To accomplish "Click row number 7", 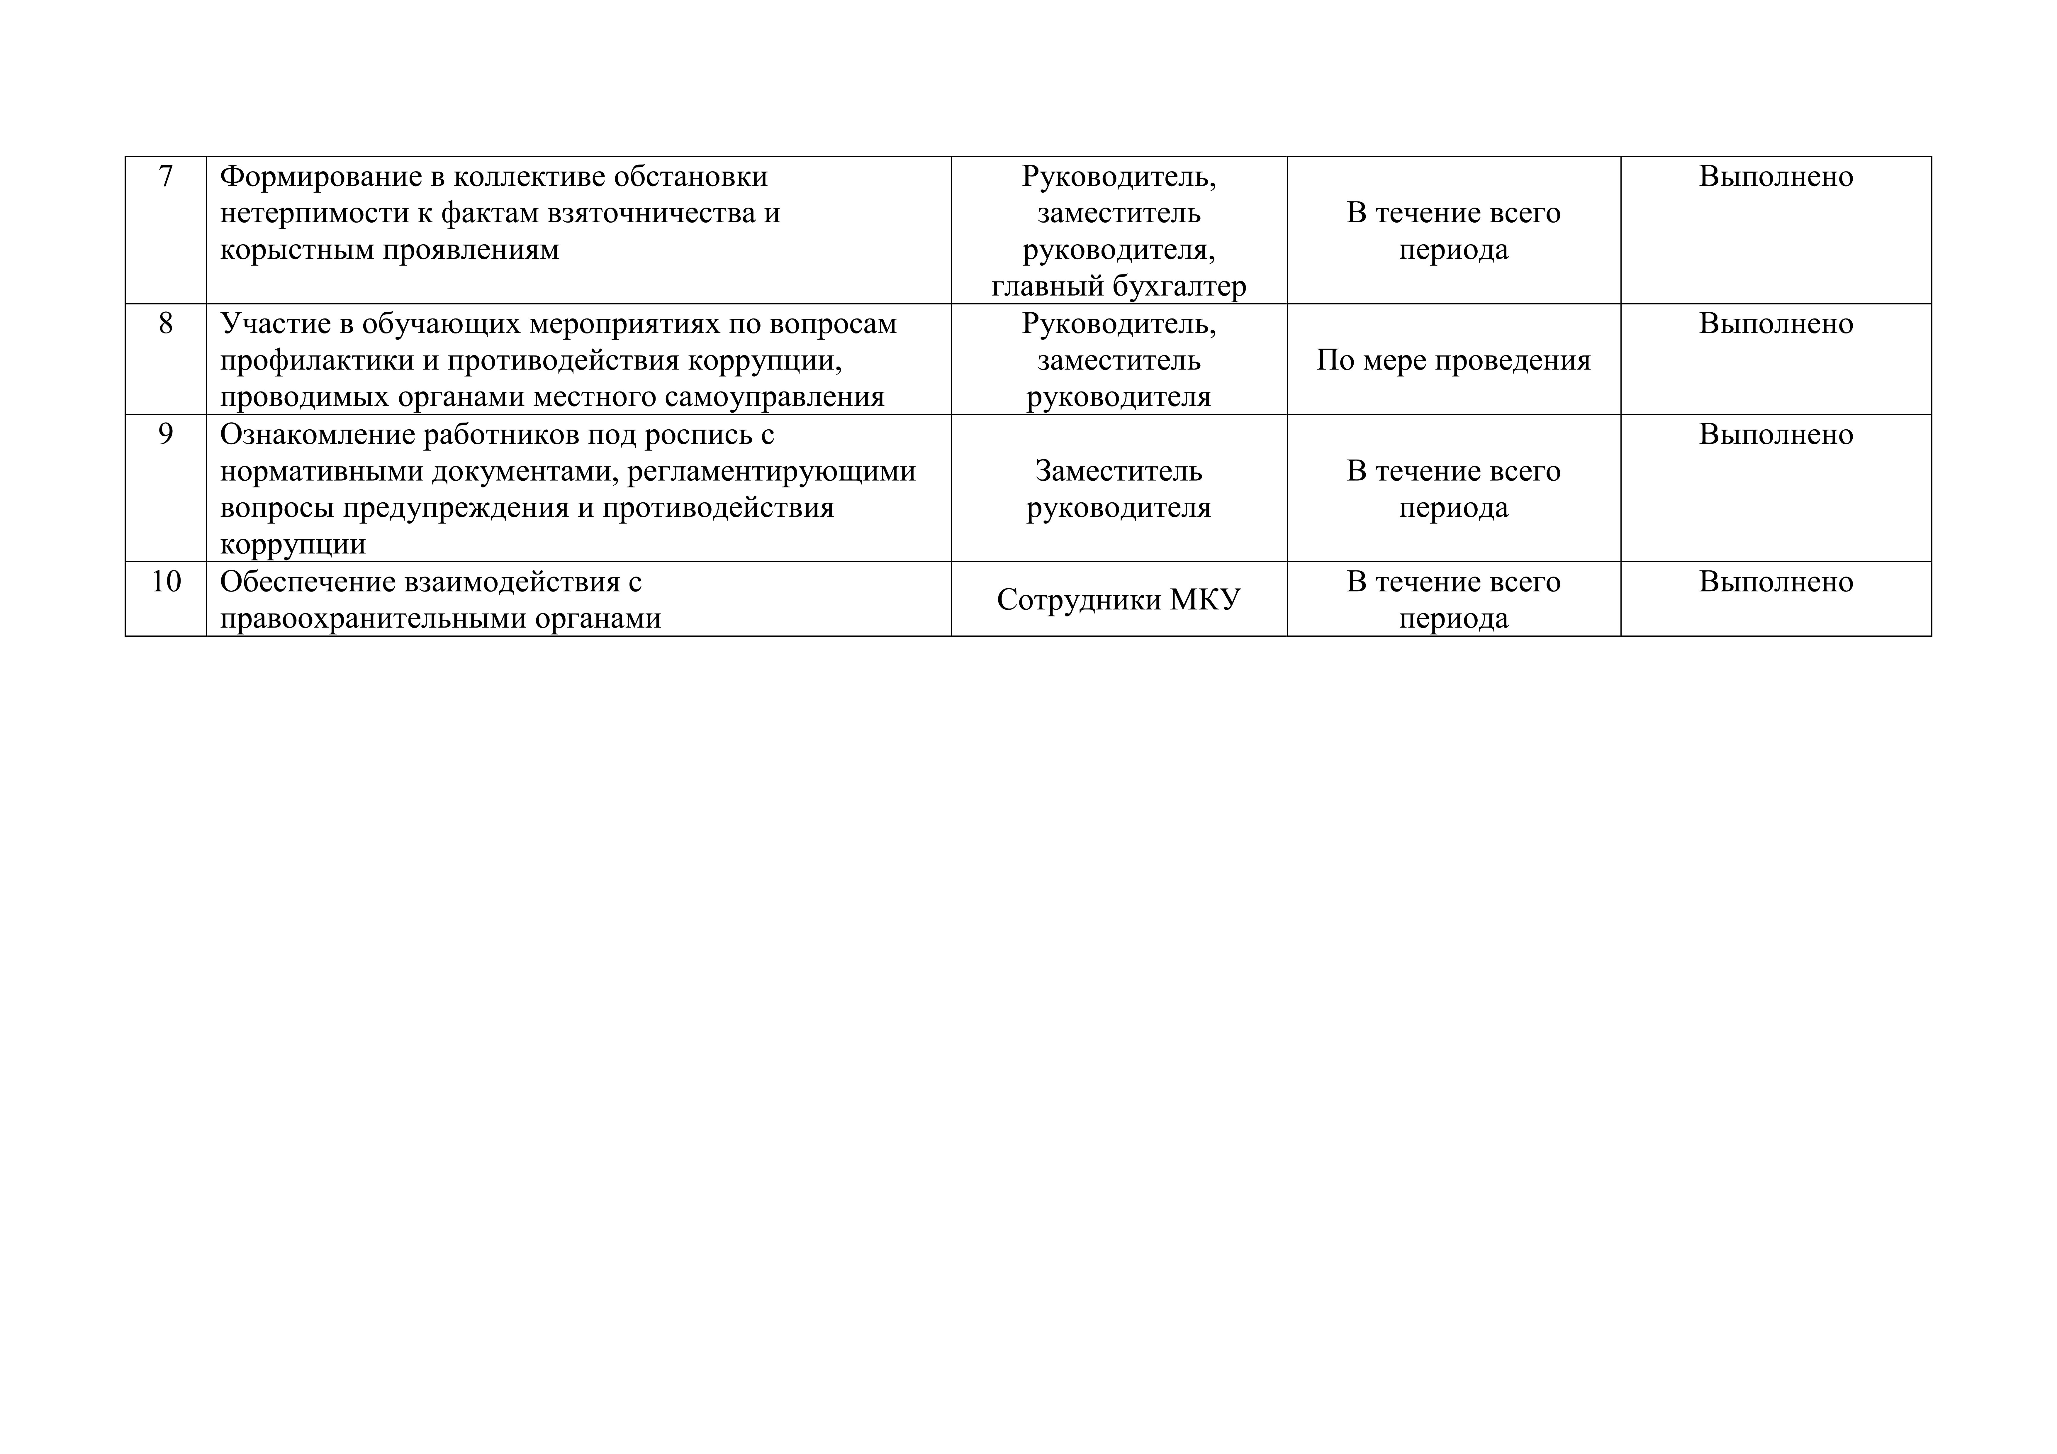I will tap(166, 177).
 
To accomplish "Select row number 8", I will tap(166, 323).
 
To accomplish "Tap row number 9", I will tap(166, 435).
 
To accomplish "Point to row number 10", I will tap(166, 582).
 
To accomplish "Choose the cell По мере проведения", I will tap(1453, 360).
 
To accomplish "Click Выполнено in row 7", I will tap(1776, 177).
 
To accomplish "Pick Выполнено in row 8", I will tap(1776, 323).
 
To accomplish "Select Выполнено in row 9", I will tap(1776, 435).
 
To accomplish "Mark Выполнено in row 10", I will tap(1776, 582).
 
